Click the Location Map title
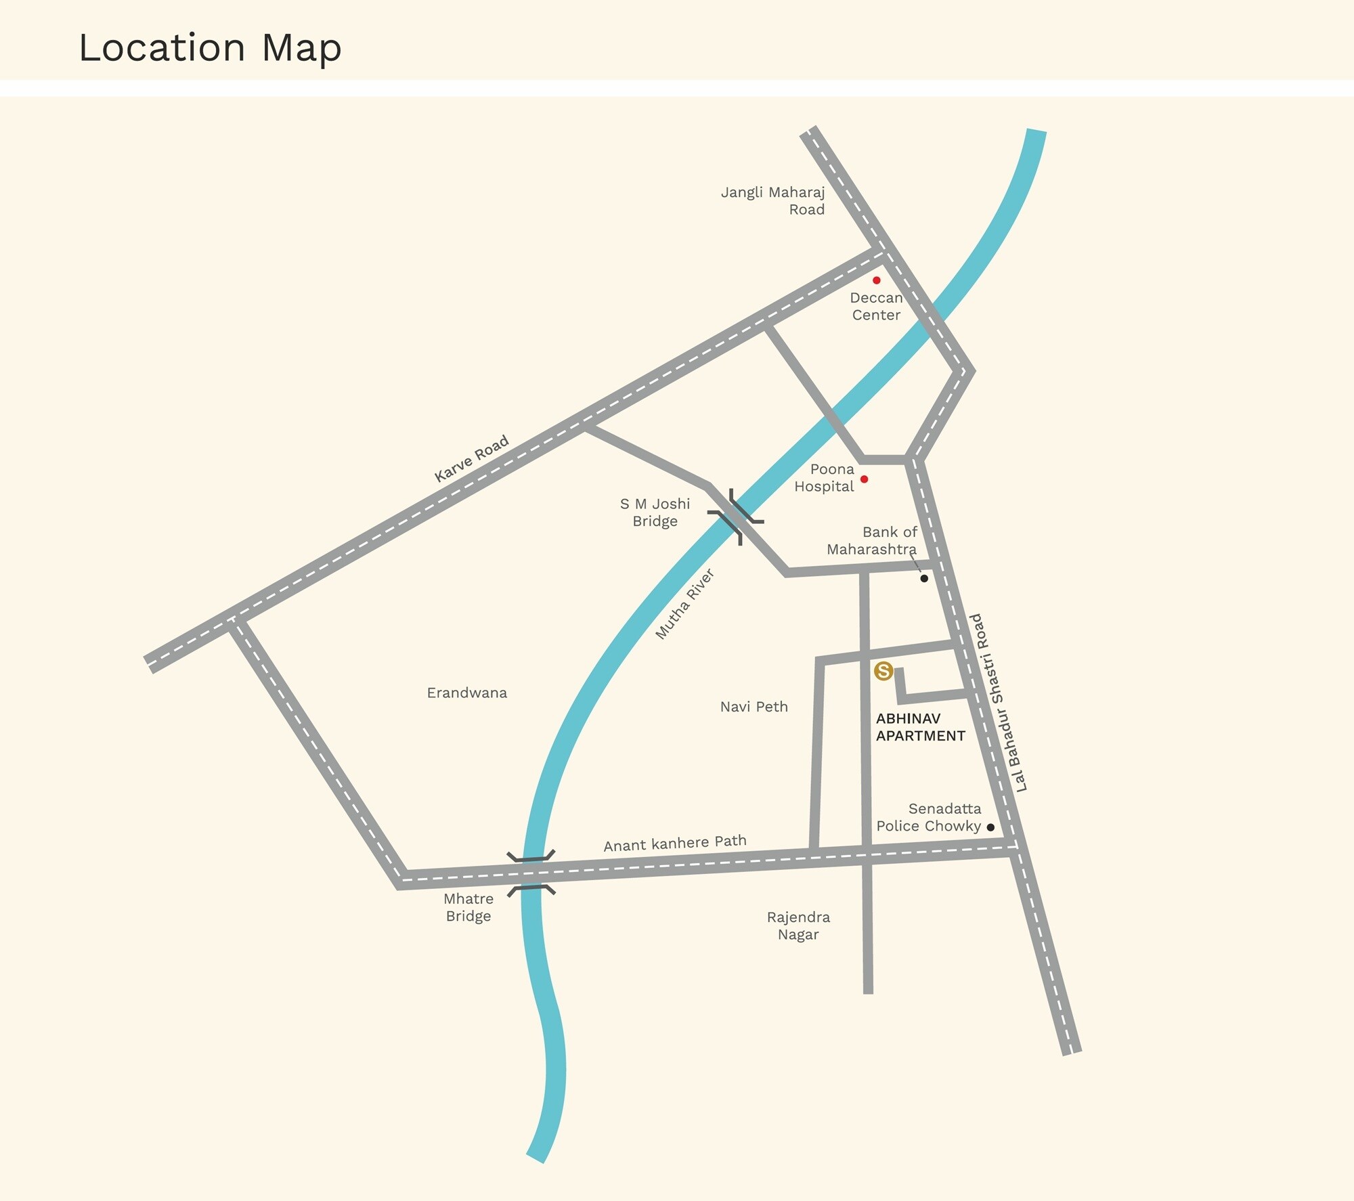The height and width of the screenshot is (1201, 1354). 210,47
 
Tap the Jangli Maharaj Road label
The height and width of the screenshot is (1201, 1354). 773,201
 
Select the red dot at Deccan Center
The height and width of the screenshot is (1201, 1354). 877,280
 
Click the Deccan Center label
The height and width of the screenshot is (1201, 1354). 876,307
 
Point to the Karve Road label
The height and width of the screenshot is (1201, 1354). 471,459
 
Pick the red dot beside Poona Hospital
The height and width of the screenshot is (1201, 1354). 864,479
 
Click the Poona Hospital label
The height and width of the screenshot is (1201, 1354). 824,478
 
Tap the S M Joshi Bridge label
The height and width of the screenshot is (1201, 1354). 655,512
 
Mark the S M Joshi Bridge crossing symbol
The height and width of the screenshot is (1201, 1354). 736,517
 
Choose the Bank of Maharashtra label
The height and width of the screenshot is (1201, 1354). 872,541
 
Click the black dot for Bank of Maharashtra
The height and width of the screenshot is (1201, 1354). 924,578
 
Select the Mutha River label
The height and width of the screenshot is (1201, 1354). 685,605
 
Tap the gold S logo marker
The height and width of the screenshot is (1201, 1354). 883,671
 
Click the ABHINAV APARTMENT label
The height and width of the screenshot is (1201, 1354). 920,727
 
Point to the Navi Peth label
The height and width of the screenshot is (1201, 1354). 754,707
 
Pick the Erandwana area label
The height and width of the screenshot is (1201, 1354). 466,693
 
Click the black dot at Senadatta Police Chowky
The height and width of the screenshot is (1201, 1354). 990,827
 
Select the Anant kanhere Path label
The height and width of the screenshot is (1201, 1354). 675,844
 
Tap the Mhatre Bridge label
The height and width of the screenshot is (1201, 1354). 468,907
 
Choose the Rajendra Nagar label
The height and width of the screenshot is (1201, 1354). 798,925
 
